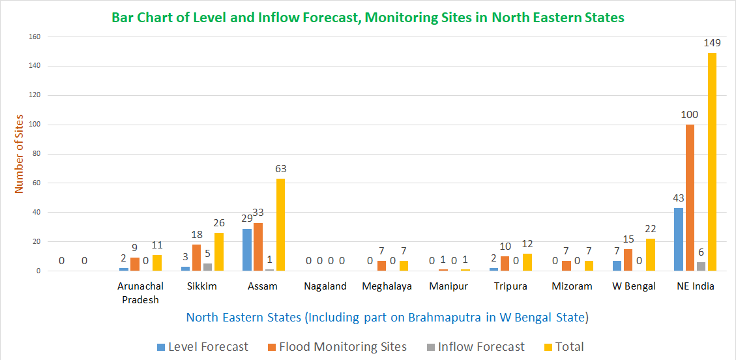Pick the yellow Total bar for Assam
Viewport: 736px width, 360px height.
coord(280,225)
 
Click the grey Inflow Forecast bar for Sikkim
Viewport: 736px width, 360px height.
coord(207,267)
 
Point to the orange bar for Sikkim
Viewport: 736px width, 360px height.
coord(196,258)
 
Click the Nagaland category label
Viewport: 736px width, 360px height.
coord(325,286)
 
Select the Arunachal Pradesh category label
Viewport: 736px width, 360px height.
coord(141,293)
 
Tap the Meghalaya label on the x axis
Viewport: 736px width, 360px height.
coord(387,286)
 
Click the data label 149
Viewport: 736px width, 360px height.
coord(712,43)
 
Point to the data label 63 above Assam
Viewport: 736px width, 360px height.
coord(280,169)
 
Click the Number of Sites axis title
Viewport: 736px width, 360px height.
coord(19,153)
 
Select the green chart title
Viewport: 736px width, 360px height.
coord(368,17)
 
